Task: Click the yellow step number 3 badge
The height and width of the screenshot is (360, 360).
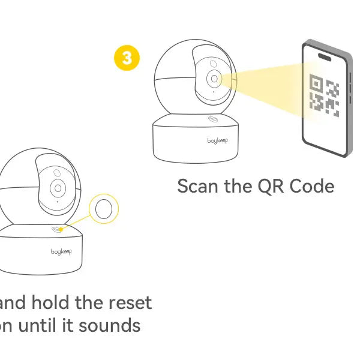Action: tap(127, 58)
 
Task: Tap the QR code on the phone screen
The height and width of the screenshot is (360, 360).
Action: tap(324, 95)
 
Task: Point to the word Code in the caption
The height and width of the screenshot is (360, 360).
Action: tap(311, 186)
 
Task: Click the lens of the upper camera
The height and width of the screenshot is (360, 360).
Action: tap(214, 79)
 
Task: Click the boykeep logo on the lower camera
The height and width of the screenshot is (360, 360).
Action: tap(61, 252)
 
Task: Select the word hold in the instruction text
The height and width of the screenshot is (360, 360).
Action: tap(50, 302)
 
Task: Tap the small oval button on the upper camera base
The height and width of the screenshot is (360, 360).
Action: tap(212, 119)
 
